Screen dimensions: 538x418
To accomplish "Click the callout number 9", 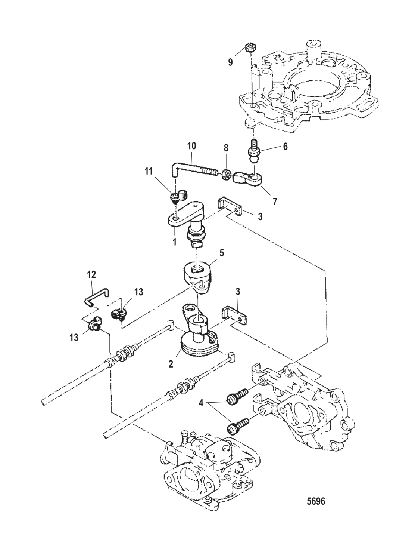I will click(x=230, y=62).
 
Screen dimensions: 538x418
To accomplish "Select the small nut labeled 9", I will click(x=250, y=48).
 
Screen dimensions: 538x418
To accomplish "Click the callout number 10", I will click(x=191, y=146).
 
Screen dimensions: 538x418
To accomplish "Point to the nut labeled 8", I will click(x=226, y=174).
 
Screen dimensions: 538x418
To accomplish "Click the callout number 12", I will click(x=91, y=275).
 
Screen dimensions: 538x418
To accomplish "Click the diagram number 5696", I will click(x=315, y=501).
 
